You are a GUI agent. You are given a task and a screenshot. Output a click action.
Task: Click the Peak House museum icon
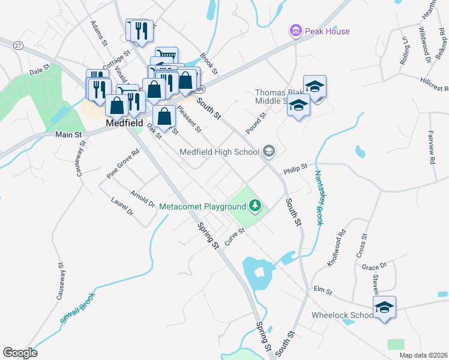tap(295, 31)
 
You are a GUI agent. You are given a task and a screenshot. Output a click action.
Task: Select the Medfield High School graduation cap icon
tap(269, 151)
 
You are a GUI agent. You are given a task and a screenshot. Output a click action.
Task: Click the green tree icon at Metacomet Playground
tap(256, 206)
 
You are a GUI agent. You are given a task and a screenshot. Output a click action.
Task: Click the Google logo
tap(20, 353)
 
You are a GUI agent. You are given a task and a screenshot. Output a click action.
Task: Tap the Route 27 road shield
tap(19, 46)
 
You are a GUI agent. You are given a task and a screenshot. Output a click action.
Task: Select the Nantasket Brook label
tap(318, 198)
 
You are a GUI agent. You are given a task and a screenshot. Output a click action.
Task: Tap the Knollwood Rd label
tap(334, 244)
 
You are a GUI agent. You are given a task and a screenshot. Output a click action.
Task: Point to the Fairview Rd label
tap(431, 148)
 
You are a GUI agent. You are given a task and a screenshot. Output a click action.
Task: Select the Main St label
tap(68, 135)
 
